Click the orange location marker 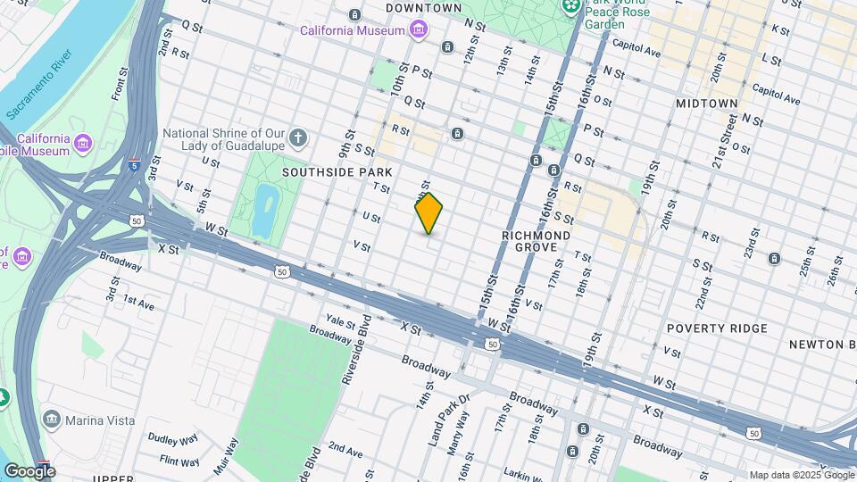pyautogui.click(x=428, y=213)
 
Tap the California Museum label pyautogui.click(x=352, y=30)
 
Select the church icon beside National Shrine pyautogui.click(x=299, y=138)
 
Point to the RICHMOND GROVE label pyautogui.click(x=536, y=240)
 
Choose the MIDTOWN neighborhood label pyautogui.click(x=706, y=104)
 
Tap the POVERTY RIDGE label pyautogui.click(x=717, y=328)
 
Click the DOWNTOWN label pyautogui.click(x=423, y=8)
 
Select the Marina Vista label pyautogui.click(x=103, y=420)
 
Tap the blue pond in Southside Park pyautogui.click(x=264, y=209)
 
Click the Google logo pyautogui.click(x=29, y=470)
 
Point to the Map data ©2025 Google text pyautogui.click(x=800, y=475)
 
